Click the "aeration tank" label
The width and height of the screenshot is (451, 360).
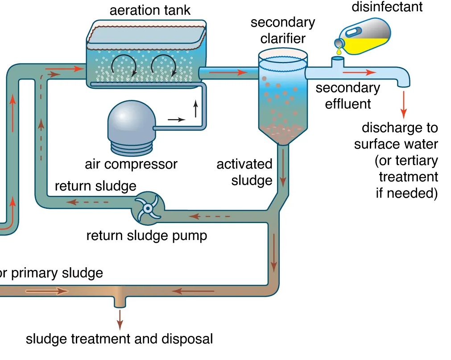[x=150, y=10]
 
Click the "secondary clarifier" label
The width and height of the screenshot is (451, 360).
[x=282, y=30]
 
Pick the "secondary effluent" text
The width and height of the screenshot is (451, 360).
[x=348, y=96]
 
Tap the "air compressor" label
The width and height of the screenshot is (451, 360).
[x=131, y=164]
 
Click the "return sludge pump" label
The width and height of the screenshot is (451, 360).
[x=147, y=235]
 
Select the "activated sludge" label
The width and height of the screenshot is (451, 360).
[x=244, y=172]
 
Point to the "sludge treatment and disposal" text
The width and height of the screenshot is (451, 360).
[x=119, y=339]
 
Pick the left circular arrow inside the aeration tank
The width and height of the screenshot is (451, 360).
[x=120, y=66]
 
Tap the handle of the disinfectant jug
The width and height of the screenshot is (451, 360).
[x=354, y=32]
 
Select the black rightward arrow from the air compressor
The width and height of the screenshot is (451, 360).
[x=176, y=120]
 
